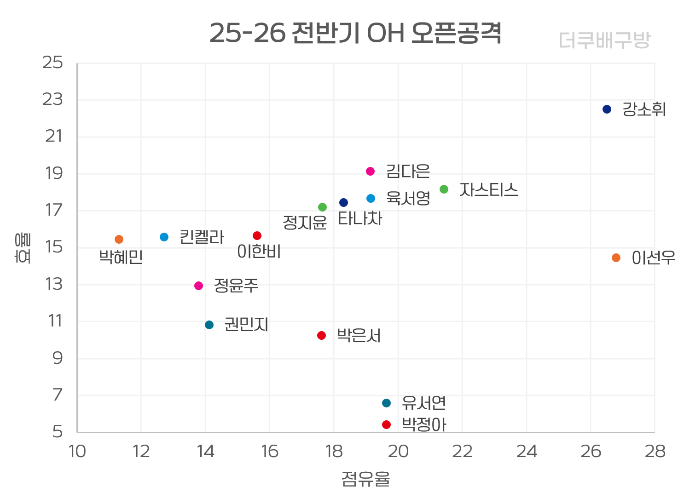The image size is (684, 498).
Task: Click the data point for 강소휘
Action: [607, 109]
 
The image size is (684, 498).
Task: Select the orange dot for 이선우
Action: [616, 258]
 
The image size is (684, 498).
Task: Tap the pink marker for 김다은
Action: [370, 172]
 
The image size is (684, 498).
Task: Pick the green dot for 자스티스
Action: [444, 189]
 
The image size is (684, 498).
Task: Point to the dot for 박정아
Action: [386, 424]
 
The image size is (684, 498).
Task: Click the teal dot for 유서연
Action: [386, 403]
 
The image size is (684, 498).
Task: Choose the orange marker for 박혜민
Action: [119, 240]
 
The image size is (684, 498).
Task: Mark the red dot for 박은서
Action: [321, 336]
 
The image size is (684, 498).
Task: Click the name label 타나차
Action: [360, 218]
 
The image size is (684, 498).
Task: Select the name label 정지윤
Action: [305, 223]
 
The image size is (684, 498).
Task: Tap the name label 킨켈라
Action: [202, 237]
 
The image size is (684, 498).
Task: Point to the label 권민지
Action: [246, 325]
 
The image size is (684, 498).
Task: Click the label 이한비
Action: [259, 252]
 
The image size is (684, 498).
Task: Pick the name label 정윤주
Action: [236, 286]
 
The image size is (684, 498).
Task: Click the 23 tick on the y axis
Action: [52, 99]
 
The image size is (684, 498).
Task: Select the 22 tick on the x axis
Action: [462, 452]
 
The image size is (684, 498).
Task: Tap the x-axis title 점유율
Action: [365, 479]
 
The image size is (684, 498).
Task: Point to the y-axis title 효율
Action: [23, 248]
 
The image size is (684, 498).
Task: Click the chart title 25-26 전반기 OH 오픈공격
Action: [355, 33]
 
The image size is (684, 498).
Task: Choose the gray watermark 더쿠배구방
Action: [604, 40]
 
